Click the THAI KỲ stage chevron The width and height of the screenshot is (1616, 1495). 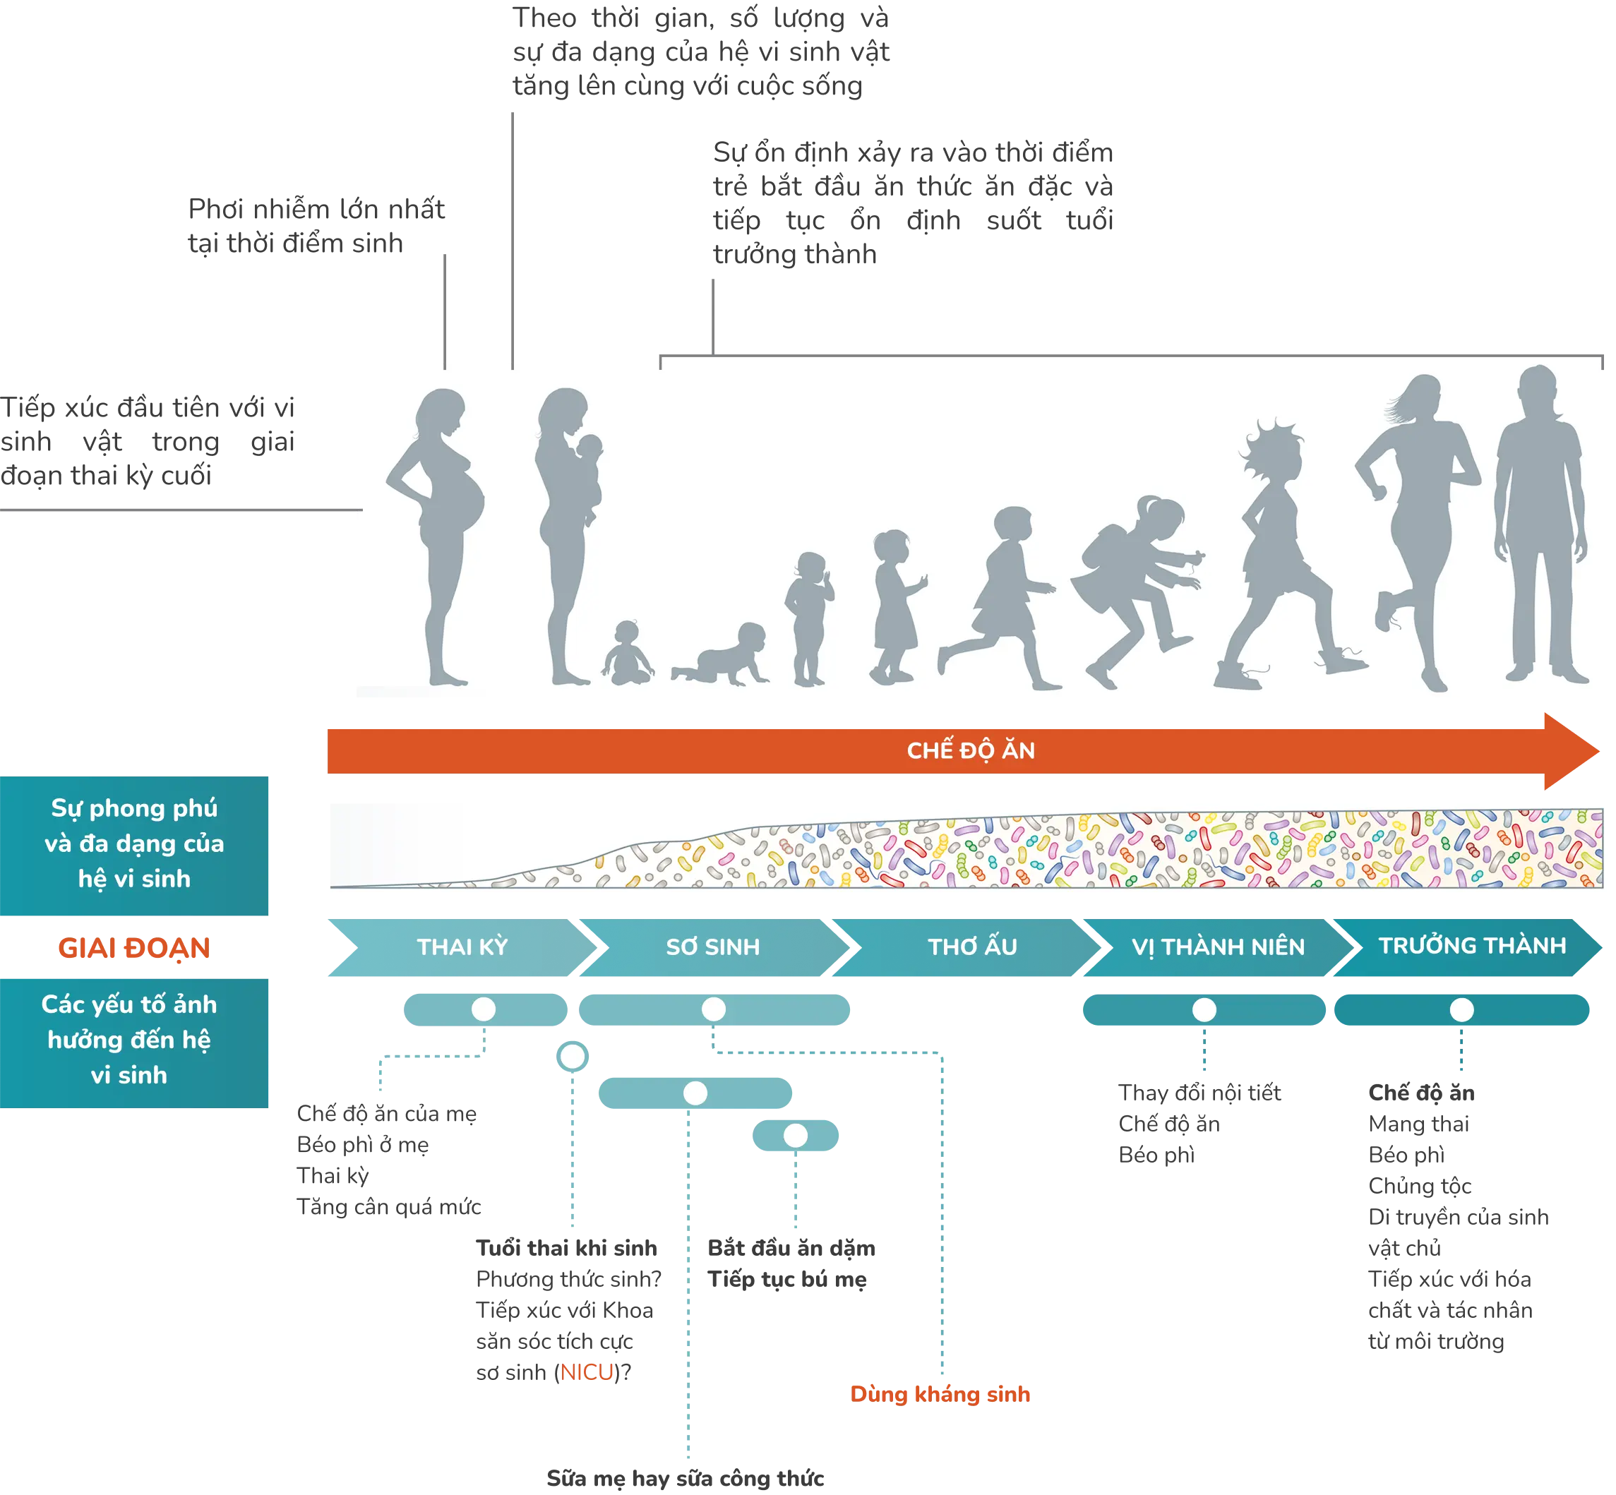point(462,947)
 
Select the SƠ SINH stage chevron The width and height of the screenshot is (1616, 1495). point(713,947)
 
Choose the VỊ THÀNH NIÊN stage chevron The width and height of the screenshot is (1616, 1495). point(1218,947)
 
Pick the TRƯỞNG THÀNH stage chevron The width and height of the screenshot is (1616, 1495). point(1472,946)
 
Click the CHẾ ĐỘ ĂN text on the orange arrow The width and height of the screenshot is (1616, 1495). point(970,751)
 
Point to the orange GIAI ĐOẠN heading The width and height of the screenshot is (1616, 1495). point(133,948)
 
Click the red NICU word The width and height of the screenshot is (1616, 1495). point(586,1373)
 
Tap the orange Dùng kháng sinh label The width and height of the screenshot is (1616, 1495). point(940,1394)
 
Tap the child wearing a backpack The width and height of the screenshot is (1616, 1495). point(1133,582)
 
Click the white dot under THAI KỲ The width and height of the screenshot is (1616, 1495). point(484,1009)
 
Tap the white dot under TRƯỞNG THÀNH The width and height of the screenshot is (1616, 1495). point(1461,1009)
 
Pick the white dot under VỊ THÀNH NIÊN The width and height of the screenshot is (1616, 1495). point(1204,1009)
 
